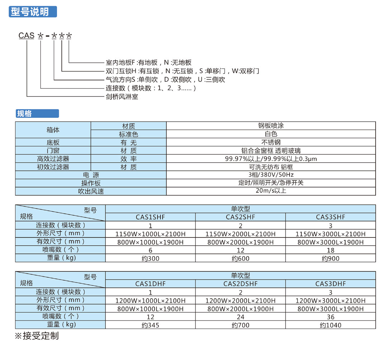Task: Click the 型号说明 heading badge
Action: point(33,12)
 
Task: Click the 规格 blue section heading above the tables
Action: point(37,114)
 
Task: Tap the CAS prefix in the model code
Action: point(26,35)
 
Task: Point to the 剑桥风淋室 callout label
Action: point(122,97)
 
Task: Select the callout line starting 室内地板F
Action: point(148,62)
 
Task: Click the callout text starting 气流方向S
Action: point(165,80)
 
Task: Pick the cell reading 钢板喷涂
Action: point(271,126)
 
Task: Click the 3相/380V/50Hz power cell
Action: point(271,174)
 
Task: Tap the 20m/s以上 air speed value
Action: point(271,191)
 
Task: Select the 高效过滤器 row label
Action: point(53,159)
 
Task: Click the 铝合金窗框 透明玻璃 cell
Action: point(271,150)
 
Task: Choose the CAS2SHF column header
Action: point(240,217)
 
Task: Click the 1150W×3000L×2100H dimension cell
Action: point(331,234)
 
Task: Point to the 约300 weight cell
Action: point(150,258)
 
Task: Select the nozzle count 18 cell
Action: point(331,250)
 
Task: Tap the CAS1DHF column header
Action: point(150,284)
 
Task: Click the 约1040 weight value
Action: point(331,325)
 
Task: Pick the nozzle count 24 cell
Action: point(240,317)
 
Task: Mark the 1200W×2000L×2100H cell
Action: point(240,301)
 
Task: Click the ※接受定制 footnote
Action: point(37,336)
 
